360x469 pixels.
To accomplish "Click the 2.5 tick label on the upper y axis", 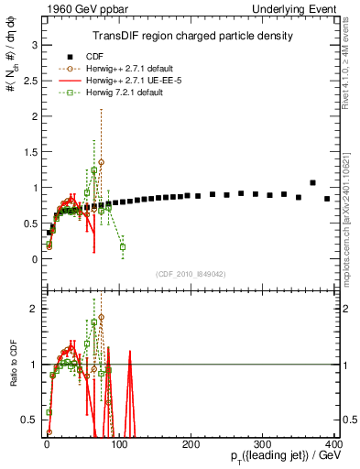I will click(28, 80).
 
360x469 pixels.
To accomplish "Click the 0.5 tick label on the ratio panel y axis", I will click(28, 420).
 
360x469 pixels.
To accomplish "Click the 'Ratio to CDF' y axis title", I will click(10, 365).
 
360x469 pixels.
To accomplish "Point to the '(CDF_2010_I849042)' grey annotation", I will click(191, 272).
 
